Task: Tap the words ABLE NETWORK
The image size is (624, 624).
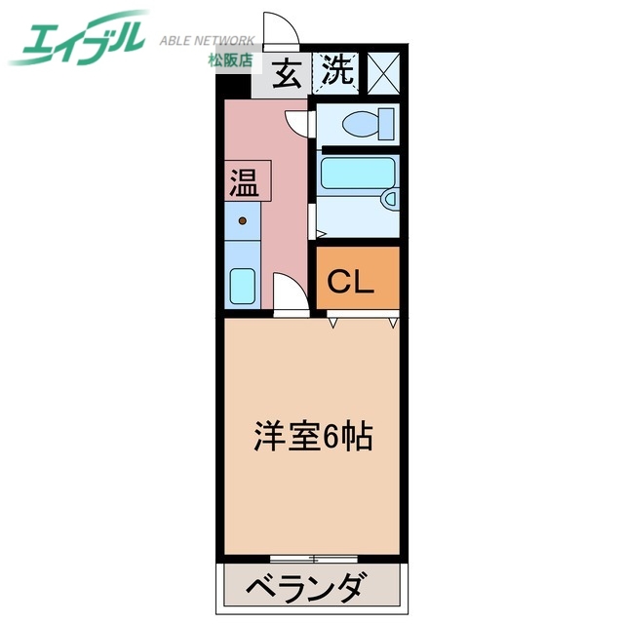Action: coord(207,41)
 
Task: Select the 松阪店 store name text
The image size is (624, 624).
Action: coord(231,60)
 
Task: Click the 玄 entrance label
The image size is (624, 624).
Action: coord(286,73)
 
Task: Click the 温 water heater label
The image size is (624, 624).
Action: coord(245,182)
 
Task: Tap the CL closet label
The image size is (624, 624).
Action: coord(351,282)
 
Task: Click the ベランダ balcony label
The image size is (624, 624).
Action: coord(306,590)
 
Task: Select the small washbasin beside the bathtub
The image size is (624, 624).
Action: coord(389,201)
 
